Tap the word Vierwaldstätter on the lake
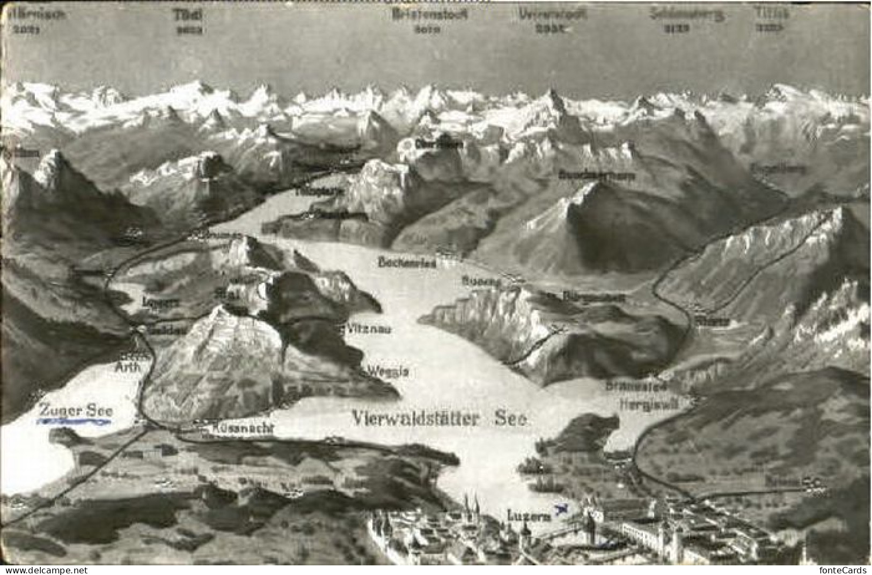coord(416,419)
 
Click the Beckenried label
coord(407,262)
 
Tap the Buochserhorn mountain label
coord(596,175)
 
